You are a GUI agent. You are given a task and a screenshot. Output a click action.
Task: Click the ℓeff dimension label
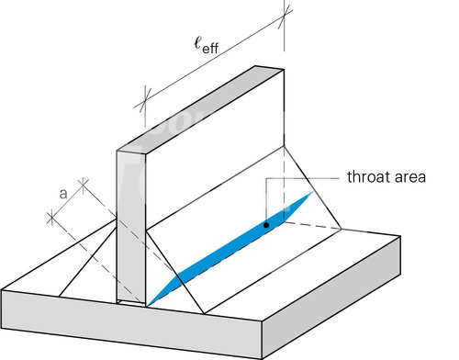207,45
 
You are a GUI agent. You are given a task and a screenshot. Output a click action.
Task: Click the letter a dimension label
63,194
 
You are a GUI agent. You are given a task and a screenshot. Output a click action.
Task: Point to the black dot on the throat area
266,225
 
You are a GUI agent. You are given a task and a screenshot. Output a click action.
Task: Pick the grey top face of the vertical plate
200,108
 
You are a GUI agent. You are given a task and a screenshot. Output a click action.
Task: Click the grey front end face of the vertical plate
131,227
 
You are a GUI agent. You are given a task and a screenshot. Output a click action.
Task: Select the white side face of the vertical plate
215,149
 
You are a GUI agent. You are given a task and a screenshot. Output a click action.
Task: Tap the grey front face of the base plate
131,324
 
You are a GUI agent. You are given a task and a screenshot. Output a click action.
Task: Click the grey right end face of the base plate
331,298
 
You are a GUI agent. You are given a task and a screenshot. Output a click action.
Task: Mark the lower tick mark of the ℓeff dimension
144,99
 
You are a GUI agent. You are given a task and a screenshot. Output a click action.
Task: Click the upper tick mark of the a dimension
83,184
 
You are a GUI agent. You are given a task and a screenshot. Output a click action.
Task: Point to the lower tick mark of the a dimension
51,218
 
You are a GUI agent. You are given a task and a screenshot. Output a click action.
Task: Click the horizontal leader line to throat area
302,178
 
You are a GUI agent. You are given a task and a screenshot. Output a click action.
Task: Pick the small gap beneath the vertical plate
131,303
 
